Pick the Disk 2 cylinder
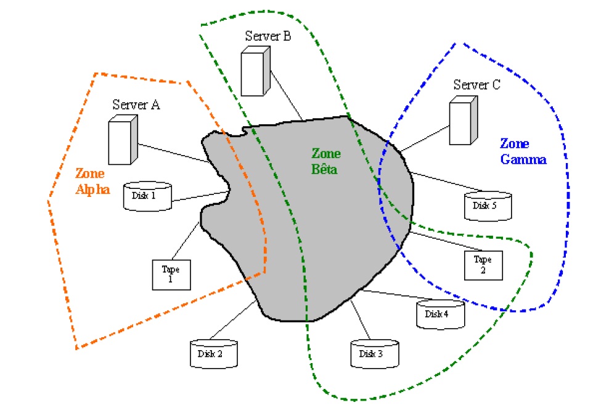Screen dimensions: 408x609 click(x=213, y=354)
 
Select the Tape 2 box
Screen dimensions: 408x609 click(x=483, y=263)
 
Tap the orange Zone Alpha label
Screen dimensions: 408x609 click(x=92, y=182)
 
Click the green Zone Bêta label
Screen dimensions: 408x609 click(x=325, y=161)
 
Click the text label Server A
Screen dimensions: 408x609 click(x=136, y=105)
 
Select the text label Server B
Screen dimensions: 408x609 click(x=268, y=36)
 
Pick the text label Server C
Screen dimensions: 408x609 click(x=476, y=85)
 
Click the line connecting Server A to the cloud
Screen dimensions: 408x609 click(x=173, y=153)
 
